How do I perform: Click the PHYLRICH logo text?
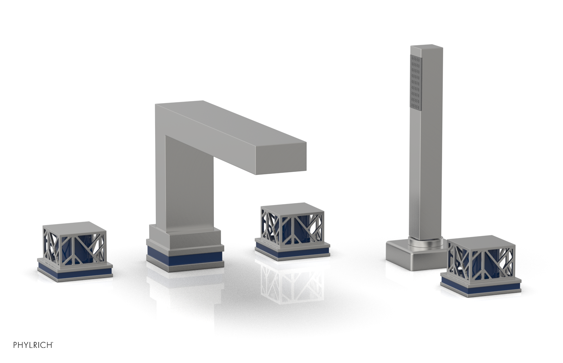click(x=33, y=345)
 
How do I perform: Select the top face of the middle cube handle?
click(x=292, y=209)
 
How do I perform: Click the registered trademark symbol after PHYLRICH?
click(x=53, y=342)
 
